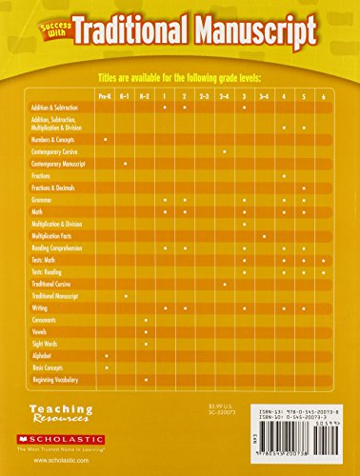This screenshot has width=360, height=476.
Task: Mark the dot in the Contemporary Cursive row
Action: pyautogui.click(x=225, y=152)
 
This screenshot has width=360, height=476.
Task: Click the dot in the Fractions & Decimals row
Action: pyautogui.click(x=304, y=188)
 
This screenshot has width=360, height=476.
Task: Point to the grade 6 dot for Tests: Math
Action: pyautogui.click(x=323, y=259)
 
